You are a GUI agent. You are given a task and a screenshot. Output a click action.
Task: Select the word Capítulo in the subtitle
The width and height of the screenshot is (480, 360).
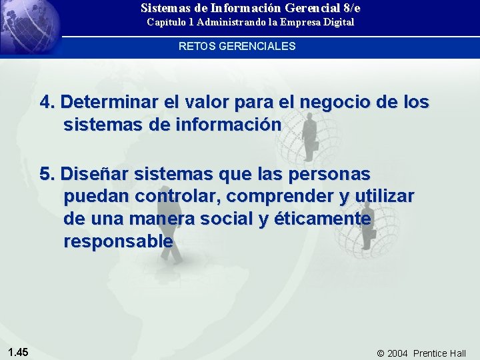tap(166, 22)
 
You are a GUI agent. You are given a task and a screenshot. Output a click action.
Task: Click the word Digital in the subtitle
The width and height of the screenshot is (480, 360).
tap(337, 22)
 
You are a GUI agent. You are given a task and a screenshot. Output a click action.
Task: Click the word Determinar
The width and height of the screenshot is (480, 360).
tap(110, 103)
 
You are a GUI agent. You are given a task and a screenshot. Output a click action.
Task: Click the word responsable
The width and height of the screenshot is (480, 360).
tap(118, 241)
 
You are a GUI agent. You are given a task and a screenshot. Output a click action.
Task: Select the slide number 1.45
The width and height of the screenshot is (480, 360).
tap(18, 351)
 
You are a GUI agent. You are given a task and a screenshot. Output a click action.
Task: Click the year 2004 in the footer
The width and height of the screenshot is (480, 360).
tap(397, 353)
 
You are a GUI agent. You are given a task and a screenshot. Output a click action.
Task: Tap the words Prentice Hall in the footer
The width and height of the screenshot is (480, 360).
tap(439, 353)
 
